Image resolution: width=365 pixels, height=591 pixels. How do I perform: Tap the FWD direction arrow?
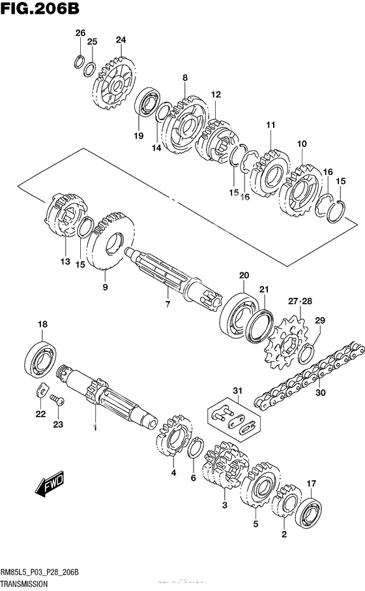(46, 486)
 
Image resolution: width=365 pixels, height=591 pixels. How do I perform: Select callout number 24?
(120, 40)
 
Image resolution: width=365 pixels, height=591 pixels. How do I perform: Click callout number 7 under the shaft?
(167, 304)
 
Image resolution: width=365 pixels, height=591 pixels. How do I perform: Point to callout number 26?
(80, 33)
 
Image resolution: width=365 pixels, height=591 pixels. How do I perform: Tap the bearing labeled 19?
(148, 104)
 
